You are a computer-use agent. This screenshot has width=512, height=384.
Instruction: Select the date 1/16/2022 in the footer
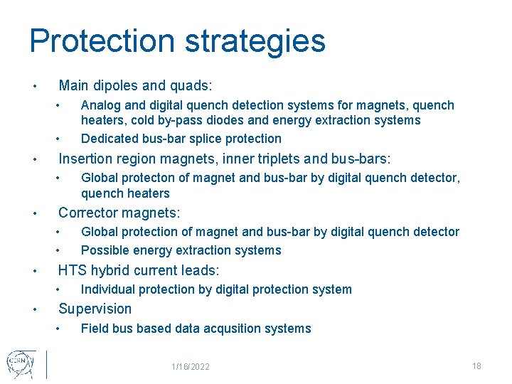pos(190,367)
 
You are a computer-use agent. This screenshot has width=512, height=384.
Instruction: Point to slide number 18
pos(476,366)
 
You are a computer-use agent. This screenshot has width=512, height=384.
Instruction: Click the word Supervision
pos(95,309)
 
